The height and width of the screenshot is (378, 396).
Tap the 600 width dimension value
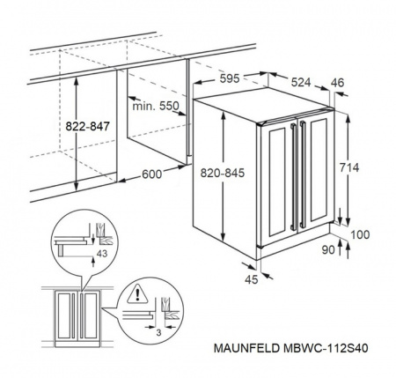(150, 175)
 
